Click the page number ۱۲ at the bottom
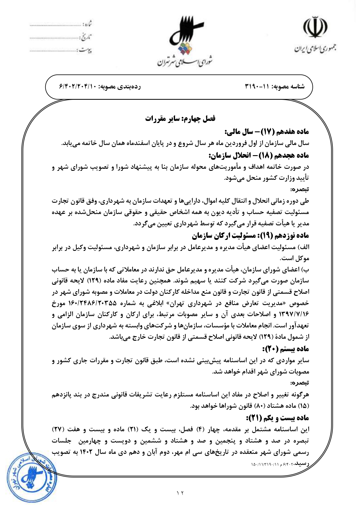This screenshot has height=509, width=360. coord(180,492)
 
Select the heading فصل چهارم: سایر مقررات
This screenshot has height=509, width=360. coord(180,119)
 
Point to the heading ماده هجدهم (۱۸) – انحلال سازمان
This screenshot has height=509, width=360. coord(258,155)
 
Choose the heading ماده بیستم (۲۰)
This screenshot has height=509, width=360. coord(286,349)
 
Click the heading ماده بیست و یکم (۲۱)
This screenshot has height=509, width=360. coord(277,418)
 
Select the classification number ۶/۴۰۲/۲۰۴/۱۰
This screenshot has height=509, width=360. coord(78,86)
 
